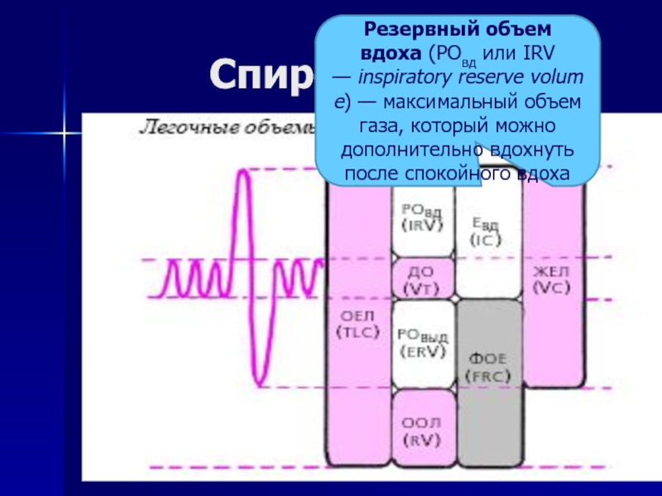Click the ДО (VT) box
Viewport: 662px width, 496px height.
(421, 279)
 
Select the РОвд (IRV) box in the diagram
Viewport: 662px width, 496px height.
(421, 217)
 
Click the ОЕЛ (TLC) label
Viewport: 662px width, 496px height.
(357, 324)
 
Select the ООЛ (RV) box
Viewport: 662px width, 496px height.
(421, 431)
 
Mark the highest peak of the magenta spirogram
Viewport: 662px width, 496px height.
(242, 170)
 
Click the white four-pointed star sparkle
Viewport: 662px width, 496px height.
(60, 131)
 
